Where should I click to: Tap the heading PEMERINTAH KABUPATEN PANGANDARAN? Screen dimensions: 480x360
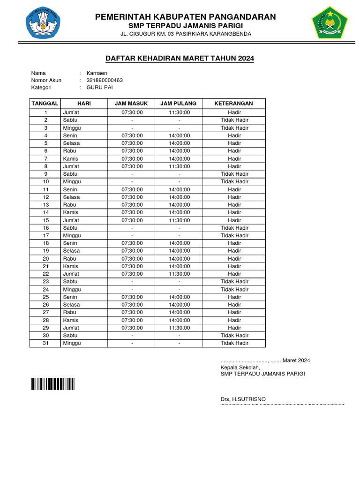tap(186, 17)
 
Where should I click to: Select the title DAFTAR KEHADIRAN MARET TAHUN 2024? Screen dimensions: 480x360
tap(180, 59)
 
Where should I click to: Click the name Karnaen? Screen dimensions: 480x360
tap(97, 73)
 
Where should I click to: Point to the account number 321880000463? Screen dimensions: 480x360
tap(105, 80)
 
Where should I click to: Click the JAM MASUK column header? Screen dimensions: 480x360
tap(132, 103)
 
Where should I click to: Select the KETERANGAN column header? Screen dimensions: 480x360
tap(234, 103)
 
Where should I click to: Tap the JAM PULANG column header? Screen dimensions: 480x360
tap(179, 103)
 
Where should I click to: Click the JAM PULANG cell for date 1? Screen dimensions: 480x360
tap(179, 112)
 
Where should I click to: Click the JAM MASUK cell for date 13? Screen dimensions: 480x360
tap(132, 205)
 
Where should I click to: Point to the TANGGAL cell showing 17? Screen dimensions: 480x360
tap(46, 235)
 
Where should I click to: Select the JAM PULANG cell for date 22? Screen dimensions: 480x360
tap(179, 274)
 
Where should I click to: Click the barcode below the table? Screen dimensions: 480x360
tap(53, 384)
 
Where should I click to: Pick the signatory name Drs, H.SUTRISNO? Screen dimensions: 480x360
tap(243, 399)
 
